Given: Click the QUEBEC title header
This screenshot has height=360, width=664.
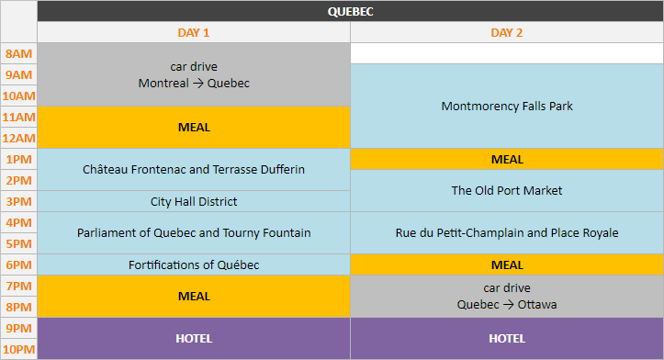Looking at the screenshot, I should [350, 12].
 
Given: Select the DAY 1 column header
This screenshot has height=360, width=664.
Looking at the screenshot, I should [194, 33].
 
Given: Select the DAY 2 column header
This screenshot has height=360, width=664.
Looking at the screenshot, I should [506, 33].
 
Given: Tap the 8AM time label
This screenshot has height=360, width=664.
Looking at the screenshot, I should [18, 53].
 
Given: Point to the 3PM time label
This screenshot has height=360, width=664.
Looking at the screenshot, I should [18, 201].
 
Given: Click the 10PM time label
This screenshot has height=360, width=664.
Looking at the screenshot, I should [18, 349].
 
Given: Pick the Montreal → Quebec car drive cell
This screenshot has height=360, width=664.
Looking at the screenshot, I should [194, 74].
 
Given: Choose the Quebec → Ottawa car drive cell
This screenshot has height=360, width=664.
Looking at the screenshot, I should [506, 296].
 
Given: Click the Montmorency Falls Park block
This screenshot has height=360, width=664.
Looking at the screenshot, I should [506, 106].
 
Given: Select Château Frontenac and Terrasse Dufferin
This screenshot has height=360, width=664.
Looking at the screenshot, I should [194, 169].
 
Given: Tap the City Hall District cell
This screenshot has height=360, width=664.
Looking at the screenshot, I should [194, 201].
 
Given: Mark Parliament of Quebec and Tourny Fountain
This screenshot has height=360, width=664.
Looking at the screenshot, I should [194, 232].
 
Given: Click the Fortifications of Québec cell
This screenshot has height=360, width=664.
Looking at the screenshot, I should [194, 264].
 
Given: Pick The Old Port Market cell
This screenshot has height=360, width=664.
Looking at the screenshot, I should [506, 190].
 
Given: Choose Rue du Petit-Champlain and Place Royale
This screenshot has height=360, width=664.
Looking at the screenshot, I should [506, 232].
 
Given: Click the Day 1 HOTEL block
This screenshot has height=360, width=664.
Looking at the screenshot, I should [194, 338].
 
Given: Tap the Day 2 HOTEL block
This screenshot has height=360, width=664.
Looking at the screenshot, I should [506, 338].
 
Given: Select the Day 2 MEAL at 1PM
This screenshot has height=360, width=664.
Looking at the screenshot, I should [506, 159].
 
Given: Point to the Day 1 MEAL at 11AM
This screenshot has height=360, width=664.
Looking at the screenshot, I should [194, 127].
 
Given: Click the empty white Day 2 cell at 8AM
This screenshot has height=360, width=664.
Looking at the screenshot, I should [506, 53].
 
